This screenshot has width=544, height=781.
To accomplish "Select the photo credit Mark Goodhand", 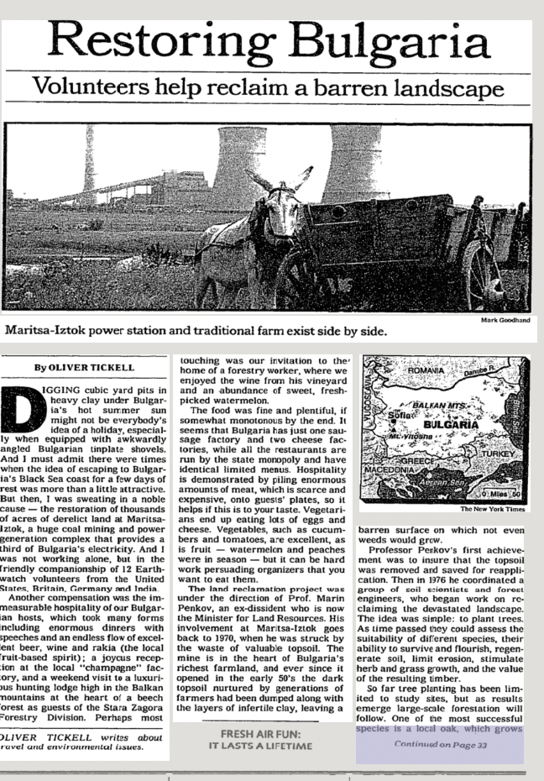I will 508,320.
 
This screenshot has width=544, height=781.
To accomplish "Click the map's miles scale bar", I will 503,494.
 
